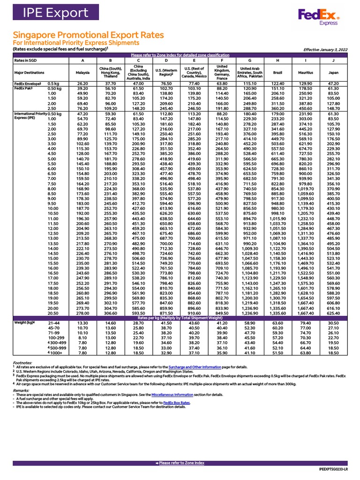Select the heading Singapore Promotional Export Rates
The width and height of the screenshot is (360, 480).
click(88, 35)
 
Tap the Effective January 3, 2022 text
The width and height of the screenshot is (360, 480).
click(325, 49)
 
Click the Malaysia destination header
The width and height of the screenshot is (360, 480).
click(82, 73)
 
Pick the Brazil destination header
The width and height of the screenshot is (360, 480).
click(278, 73)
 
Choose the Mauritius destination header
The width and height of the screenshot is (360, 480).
click(306, 73)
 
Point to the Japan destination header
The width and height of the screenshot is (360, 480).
click(333, 73)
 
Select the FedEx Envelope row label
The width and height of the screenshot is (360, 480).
click(28, 83)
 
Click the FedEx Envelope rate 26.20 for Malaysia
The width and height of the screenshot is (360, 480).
click(82, 83)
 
